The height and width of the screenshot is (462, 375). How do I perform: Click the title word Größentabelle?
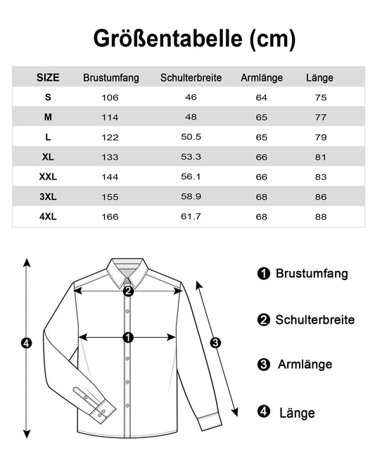(x=169, y=39)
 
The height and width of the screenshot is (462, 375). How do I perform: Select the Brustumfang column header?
(x=110, y=78)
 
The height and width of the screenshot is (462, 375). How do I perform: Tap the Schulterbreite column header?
(x=191, y=78)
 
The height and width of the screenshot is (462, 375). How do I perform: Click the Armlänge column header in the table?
(x=262, y=78)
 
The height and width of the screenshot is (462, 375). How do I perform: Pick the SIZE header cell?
(x=48, y=78)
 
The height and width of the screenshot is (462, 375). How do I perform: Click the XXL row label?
(x=48, y=177)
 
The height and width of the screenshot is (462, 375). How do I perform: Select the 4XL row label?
(x=48, y=216)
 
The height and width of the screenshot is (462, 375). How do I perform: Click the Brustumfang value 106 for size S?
(x=110, y=98)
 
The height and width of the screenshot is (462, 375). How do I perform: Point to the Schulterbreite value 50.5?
(x=191, y=137)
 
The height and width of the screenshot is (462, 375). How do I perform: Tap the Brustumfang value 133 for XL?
(x=110, y=157)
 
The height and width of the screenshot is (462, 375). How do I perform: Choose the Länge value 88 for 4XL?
(x=321, y=216)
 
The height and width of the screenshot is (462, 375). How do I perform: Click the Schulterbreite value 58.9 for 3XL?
(x=191, y=197)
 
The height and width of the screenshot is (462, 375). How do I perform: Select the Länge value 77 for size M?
(x=321, y=117)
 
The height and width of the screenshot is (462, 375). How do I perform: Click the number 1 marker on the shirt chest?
(x=128, y=338)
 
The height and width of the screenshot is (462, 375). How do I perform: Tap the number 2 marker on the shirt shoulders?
(x=128, y=291)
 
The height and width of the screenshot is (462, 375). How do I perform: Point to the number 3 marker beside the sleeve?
(x=216, y=343)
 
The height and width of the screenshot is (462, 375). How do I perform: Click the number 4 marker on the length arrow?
(x=27, y=343)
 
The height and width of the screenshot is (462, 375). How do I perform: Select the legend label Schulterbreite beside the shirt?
(x=314, y=320)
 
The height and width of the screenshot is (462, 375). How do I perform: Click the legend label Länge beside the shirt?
(x=296, y=413)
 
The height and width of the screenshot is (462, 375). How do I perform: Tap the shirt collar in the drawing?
(x=127, y=270)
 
